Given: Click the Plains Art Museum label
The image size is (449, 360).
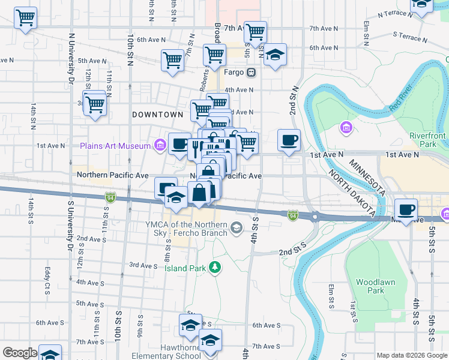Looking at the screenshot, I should click(x=115, y=146).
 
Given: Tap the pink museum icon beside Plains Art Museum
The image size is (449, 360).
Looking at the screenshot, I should click(x=160, y=145).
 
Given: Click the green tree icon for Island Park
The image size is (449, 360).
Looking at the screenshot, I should click(x=214, y=267).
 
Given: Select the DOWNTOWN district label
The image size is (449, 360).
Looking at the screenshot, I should click(x=157, y=114).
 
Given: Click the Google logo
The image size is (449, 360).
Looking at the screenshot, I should click(x=20, y=353).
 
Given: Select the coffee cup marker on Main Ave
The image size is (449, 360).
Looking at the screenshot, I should click(x=406, y=209).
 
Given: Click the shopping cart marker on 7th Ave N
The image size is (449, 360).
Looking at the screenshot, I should click(x=256, y=31).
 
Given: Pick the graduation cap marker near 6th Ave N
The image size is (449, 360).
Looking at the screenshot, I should click(x=276, y=55).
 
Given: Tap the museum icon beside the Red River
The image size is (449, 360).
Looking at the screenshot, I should click(x=346, y=127).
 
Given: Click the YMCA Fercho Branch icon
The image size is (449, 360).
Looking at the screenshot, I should click(x=237, y=227).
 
